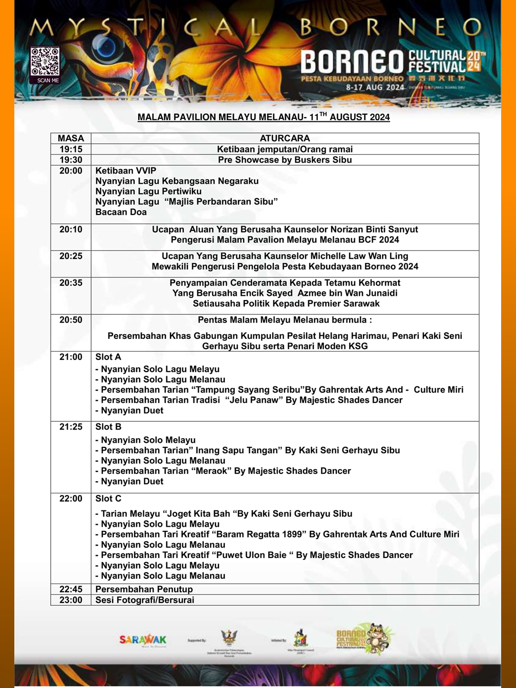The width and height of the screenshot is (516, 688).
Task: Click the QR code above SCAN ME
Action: (45, 61)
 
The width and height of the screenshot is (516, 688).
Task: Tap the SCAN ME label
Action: (48, 80)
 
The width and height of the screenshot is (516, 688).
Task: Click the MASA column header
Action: (71, 138)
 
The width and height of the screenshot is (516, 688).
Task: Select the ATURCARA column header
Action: (285, 138)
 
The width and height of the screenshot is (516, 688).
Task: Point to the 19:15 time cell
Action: (71, 149)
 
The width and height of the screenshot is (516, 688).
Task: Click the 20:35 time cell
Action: (71, 283)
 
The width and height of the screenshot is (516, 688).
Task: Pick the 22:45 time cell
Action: (71, 589)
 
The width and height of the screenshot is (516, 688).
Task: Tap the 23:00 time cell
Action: (71, 600)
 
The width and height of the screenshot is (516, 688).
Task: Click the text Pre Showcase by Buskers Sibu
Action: (285, 160)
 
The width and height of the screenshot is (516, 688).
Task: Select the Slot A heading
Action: (108, 357)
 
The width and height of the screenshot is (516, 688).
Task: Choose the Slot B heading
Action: (108, 427)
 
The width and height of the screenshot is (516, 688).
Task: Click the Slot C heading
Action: (108, 499)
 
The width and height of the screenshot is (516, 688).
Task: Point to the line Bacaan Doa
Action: (121, 212)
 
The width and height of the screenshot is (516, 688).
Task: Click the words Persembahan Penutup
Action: (144, 589)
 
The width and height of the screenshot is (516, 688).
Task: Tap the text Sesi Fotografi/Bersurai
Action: (145, 600)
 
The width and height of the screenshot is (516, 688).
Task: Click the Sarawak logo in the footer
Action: (143, 640)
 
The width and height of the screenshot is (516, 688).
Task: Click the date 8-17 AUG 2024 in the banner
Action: (375, 88)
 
